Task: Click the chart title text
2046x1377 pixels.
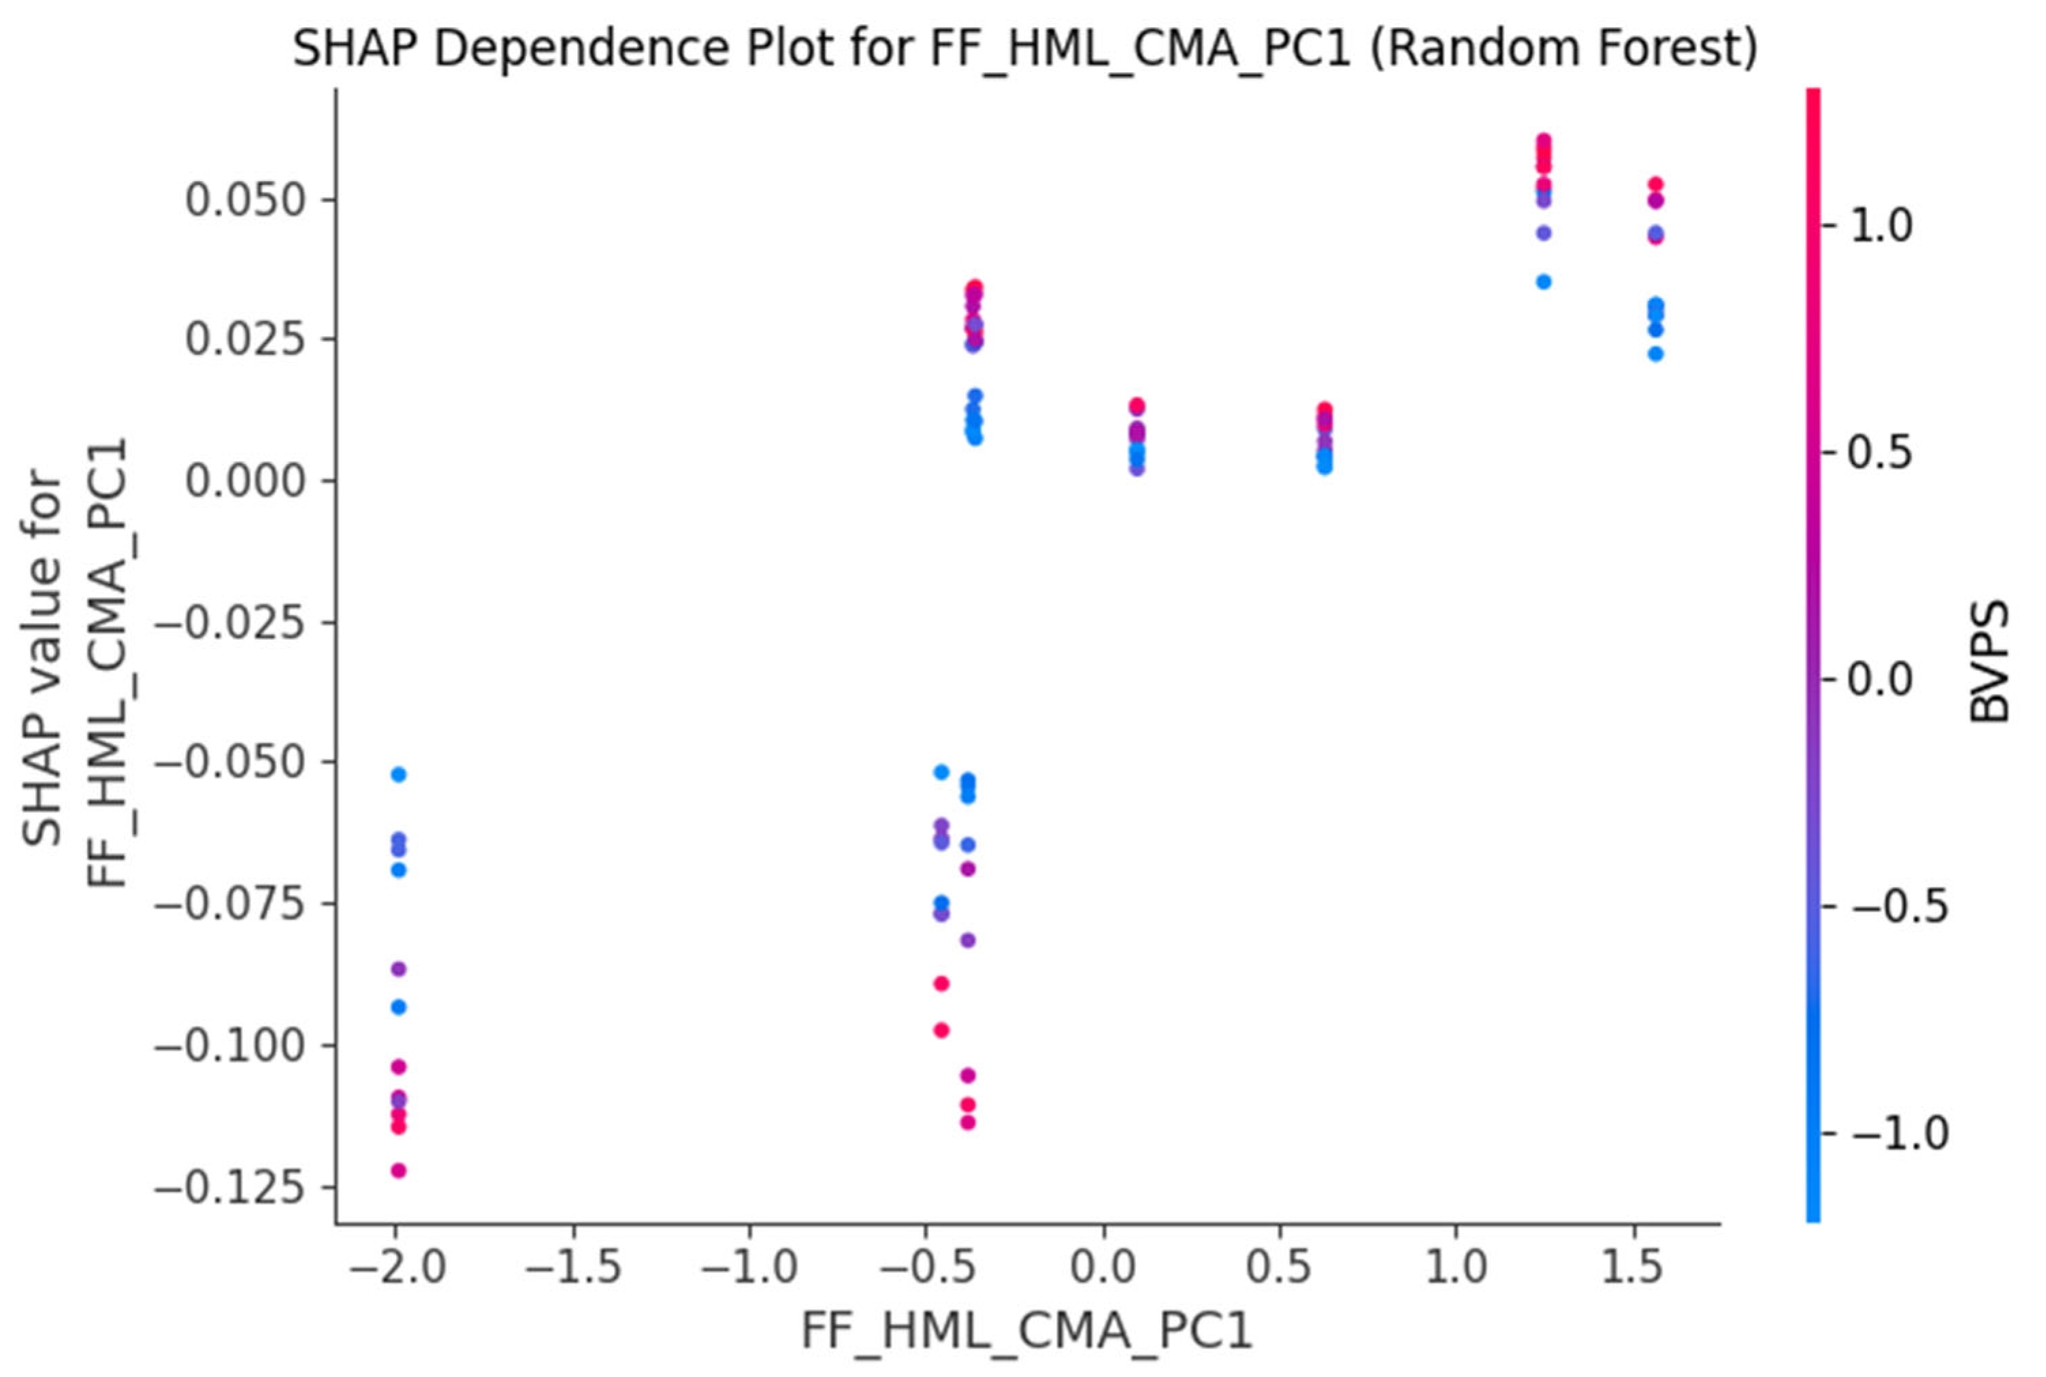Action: click(1024, 48)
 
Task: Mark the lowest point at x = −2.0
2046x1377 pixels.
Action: click(398, 1169)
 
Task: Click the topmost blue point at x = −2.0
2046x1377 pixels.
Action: click(398, 774)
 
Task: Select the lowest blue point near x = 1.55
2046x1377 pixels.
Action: click(1655, 354)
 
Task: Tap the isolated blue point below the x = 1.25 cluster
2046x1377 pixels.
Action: click(1544, 282)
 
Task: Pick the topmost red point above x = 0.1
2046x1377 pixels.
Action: click(1137, 405)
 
